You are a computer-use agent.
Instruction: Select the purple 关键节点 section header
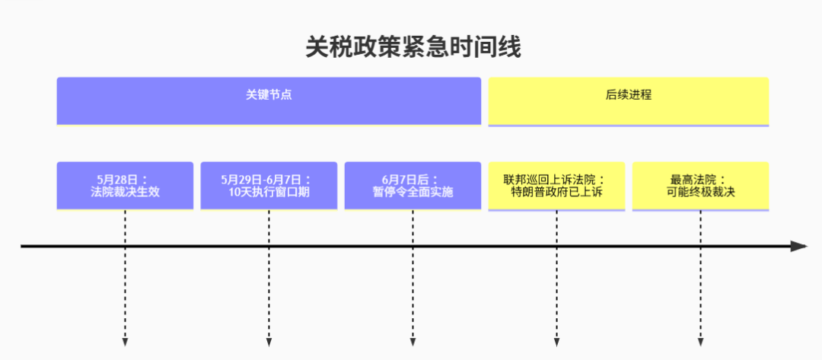point(269,101)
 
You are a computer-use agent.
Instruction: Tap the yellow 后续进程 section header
point(629,102)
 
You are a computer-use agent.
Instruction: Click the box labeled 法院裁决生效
point(125,186)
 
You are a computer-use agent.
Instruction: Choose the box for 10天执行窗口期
point(269,186)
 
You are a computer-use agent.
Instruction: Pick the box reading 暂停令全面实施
point(413,186)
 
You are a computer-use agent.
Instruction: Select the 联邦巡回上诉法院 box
point(556,186)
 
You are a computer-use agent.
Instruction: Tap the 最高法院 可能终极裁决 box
point(700,186)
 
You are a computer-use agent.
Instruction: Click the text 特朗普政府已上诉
point(556,193)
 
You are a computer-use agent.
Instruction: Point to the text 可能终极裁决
point(700,193)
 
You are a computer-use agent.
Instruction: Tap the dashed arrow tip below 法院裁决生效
point(125,343)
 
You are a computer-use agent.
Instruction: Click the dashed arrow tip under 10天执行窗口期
point(269,343)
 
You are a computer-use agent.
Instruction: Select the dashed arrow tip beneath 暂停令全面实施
point(413,343)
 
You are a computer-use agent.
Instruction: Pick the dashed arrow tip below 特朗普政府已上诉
point(556,343)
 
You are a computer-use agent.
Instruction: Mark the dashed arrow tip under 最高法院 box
point(700,343)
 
